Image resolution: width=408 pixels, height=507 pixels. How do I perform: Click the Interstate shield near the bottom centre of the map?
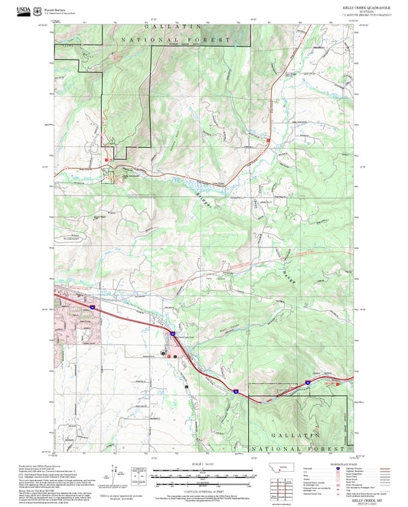point(237,391)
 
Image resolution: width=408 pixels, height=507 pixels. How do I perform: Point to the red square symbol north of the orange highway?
point(107,159)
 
